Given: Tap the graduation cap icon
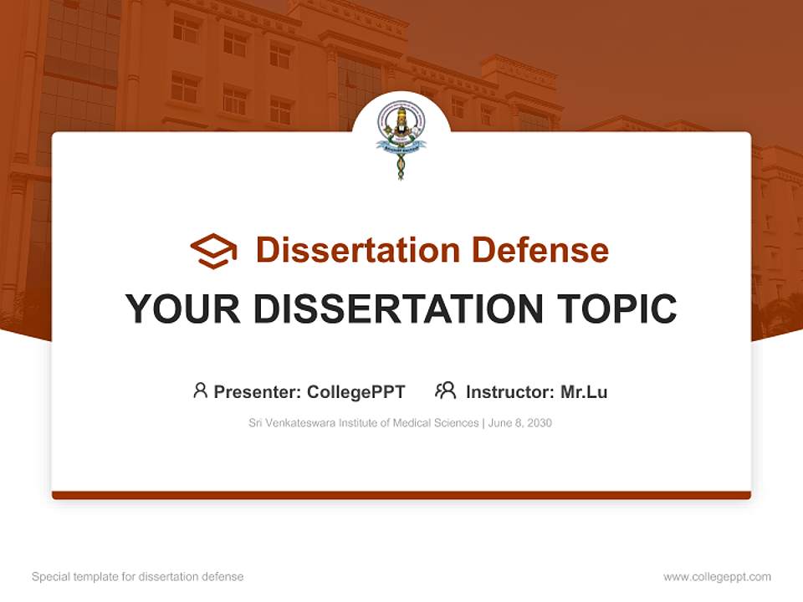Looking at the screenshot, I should tap(213, 250).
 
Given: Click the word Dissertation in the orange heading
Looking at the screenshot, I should tap(357, 250).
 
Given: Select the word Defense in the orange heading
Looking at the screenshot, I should tap(540, 250).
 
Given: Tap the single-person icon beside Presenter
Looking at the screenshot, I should tap(200, 390).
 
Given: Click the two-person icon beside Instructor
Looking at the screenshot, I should tap(445, 390).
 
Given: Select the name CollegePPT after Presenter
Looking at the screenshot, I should tap(356, 392).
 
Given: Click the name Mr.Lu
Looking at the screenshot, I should tap(584, 392).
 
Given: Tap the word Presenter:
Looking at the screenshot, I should tap(258, 392).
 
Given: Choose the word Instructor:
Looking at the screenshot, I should tap(509, 392).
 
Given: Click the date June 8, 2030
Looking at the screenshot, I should tap(519, 423).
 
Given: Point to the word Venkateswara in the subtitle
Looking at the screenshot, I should tap(300, 423).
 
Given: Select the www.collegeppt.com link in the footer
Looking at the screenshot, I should tap(717, 577).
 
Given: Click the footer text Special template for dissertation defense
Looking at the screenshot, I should tap(138, 577).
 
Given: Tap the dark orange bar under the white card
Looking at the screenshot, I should tap(401, 495).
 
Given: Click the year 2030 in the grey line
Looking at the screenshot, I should tap(540, 423).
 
